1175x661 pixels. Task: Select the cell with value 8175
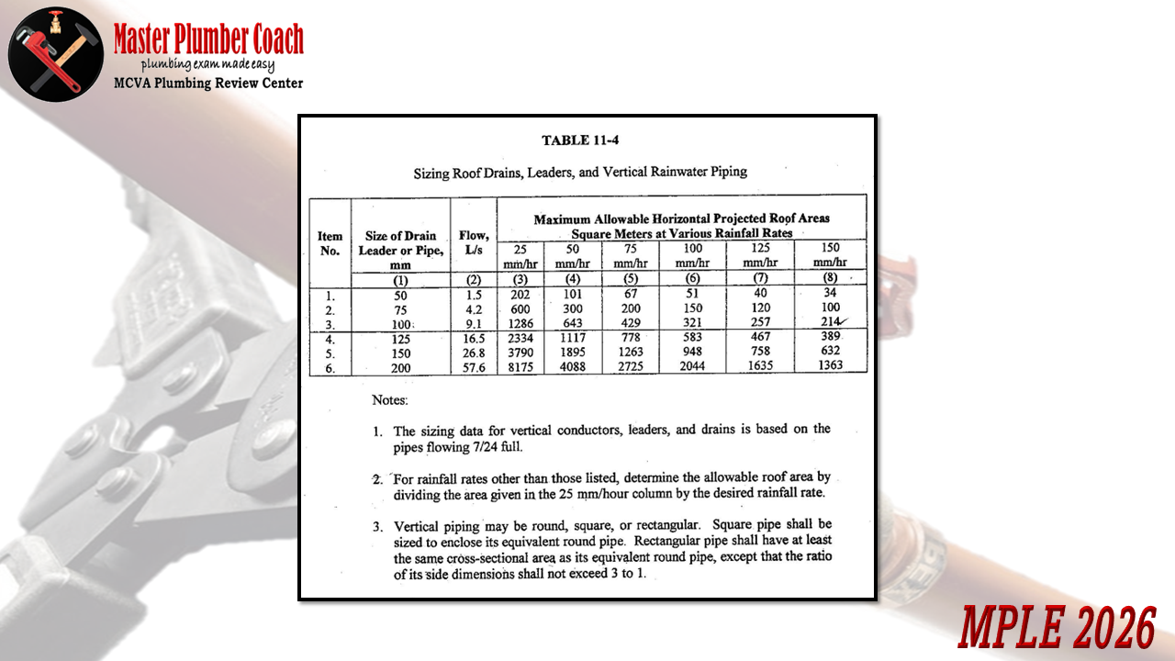click(x=520, y=365)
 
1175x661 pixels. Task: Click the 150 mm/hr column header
click(x=829, y=255)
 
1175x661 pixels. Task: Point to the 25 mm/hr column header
click(x=520, y=255)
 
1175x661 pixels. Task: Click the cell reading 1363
click(x=829, y=365)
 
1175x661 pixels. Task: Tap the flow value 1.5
click(x=474, y=296)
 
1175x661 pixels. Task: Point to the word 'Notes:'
click(x=390, y=400)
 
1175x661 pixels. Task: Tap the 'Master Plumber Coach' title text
click(x=208, y=39)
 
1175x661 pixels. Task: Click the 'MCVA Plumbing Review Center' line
click(x=208, y=84)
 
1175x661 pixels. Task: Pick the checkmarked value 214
click(x=829, y=322)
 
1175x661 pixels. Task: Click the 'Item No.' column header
click(x=330, y=243)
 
